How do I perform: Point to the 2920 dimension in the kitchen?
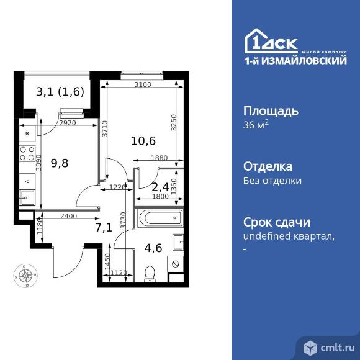pos(68,124)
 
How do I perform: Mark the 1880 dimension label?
pos(159,158)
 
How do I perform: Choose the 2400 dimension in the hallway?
pos(68,216)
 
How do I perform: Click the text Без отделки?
pos(272,181)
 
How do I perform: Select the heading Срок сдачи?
pos(276,223)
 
